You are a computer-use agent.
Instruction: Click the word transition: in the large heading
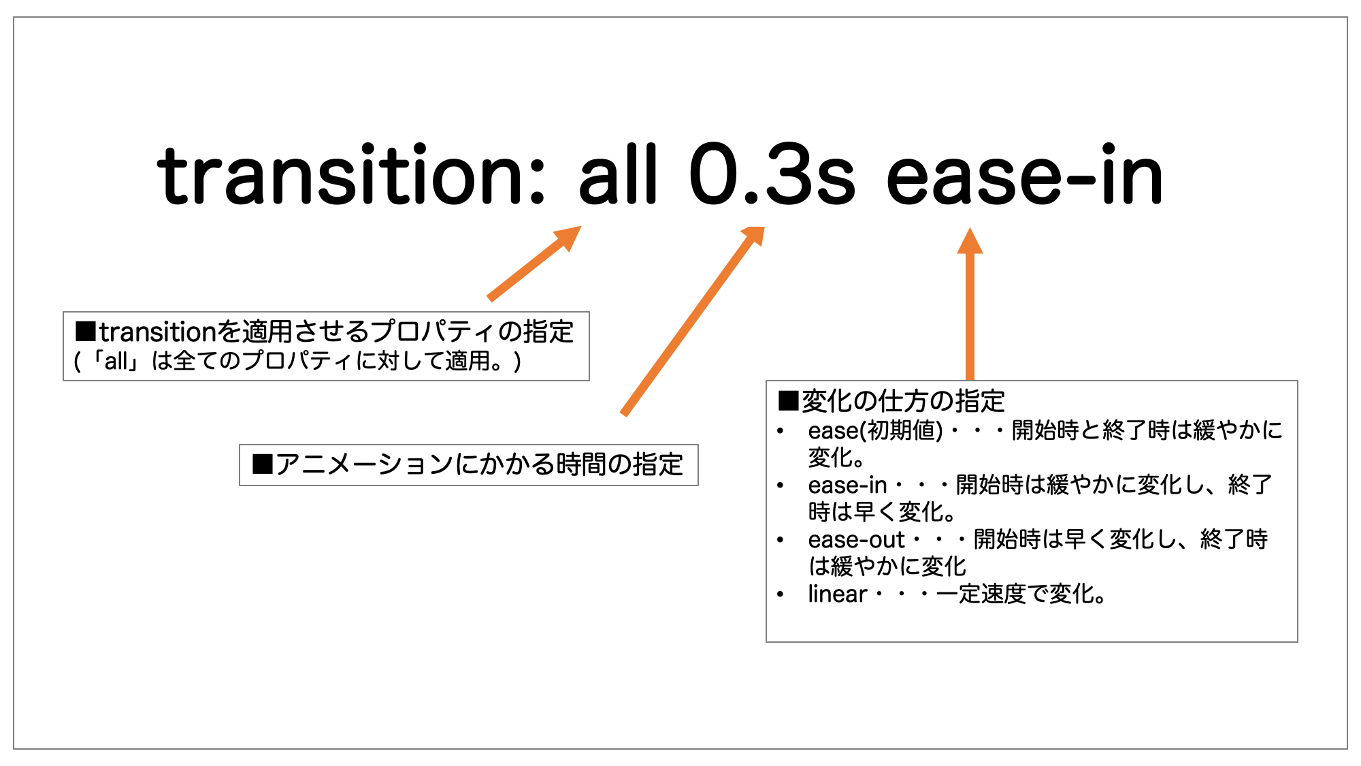350,176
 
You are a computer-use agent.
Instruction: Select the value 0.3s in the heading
772,176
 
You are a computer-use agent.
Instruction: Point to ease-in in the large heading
1025,176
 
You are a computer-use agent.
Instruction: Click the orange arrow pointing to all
535,263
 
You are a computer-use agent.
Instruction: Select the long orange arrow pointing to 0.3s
693,320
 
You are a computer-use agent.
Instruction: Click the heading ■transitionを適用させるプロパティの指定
325,332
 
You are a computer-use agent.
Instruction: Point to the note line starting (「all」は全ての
298,361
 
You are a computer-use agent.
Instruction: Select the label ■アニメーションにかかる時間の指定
468,464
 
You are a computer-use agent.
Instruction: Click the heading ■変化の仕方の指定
891,401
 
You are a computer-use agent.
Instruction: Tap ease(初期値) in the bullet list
875,430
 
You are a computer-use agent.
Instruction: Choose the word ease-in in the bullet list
847,485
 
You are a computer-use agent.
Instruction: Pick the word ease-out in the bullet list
856,539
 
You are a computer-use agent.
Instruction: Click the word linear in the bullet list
837,594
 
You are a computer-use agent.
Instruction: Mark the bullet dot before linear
781,594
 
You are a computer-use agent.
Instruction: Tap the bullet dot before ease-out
781,540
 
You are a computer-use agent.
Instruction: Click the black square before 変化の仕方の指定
788,401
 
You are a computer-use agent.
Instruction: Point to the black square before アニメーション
262,464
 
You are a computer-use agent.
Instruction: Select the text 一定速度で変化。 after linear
1021,594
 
